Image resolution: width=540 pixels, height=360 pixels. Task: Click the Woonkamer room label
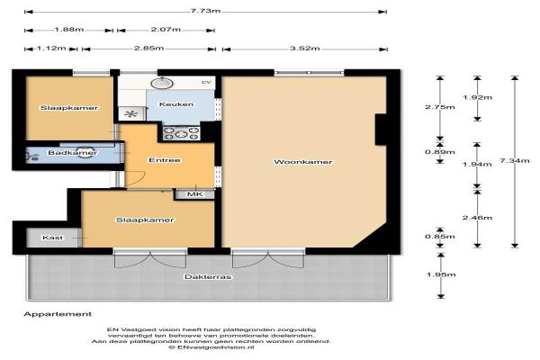tap(303, 162)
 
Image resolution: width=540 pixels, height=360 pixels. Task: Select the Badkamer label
tap(72, 153)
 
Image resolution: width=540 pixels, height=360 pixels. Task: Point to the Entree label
tap(165, 160)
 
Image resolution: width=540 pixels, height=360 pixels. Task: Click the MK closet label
tap(195, 194)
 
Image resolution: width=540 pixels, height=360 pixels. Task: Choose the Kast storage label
tap(53, 238)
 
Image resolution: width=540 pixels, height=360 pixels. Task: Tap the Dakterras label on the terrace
tap(208, 277)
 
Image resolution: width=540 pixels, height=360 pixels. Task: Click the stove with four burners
tap(181, 133)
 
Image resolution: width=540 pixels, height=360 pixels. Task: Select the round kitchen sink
tap(162, 83)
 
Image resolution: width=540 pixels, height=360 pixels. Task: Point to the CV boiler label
tap(206, 82)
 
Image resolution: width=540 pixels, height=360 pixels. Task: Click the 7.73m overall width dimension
tap(205, 11)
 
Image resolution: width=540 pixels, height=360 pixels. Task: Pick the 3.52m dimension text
tap(305, 49)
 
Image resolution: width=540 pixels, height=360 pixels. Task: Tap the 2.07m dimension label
tap(166, 30)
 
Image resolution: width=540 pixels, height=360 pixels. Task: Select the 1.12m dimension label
tap(51, 48)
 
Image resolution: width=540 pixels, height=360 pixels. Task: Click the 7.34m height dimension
tap(515, 161)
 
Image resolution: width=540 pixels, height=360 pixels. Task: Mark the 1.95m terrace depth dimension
tap(441, 274)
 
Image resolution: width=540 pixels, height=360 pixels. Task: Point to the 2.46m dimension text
tap(477, 218)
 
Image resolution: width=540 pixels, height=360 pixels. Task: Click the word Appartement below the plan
tap(58, 314)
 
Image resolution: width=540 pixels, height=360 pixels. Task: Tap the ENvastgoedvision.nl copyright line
tap(211, 347)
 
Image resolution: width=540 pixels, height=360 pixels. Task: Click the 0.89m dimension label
tap(440, 152)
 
